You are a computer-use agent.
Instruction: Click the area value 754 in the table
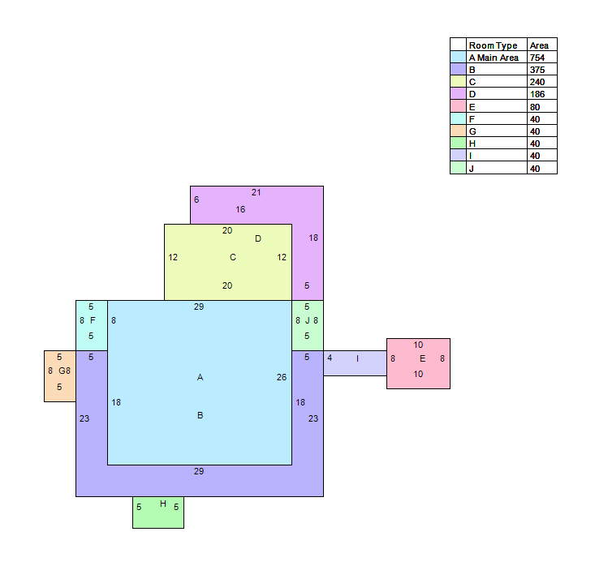click(x=537, y=58)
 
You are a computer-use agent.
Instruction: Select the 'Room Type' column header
click(x=493, y=45)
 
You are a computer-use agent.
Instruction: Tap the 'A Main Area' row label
click(x=494, y=58)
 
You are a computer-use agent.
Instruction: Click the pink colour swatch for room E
click(x=458, y=105)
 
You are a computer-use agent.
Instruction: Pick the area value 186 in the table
click(x=537, y=94)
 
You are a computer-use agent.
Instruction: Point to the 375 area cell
click(x=537, y=70)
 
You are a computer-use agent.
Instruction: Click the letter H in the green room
click(x=163, y=504)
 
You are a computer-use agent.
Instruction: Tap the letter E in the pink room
click(x=422, y=358)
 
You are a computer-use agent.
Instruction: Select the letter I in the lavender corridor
click(x=357, y=358)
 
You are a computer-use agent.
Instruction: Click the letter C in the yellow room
click(x=233, y=257)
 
